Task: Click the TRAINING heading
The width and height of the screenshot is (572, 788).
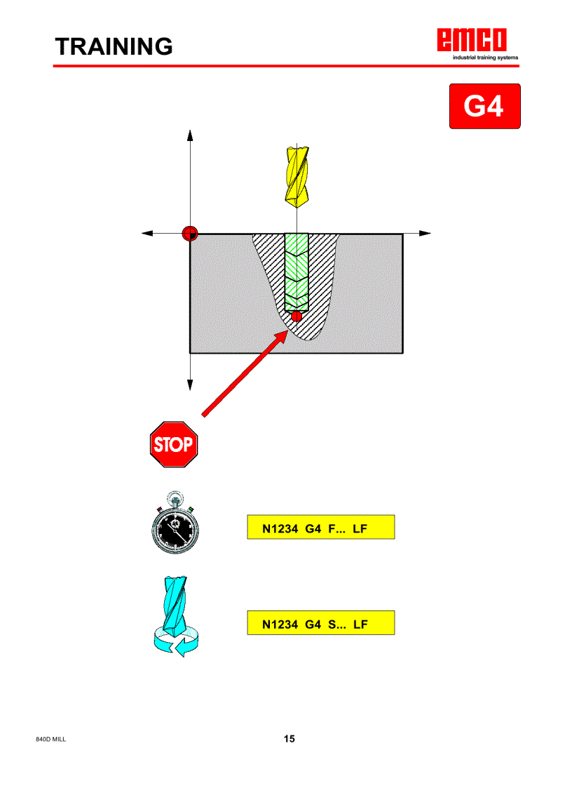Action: coord(114,46)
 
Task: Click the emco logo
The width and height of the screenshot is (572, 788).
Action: coord(473,41)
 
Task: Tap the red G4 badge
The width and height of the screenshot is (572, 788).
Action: coord(484,107)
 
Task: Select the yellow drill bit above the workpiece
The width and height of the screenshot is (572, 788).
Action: coord(297,175)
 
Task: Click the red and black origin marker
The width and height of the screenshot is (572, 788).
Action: coord(189,234)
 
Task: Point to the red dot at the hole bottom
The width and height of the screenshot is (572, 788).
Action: coord(297,316)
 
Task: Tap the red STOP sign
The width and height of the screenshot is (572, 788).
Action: coord(174,445)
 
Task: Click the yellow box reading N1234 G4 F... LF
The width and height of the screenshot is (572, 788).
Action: coord(320,527)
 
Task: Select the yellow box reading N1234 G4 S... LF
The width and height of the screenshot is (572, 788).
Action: coord(320,623)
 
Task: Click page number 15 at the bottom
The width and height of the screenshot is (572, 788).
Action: coord(290,739)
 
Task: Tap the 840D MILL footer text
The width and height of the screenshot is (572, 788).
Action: coord(51,740)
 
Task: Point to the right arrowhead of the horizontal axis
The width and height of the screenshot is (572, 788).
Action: coord(425,233)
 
